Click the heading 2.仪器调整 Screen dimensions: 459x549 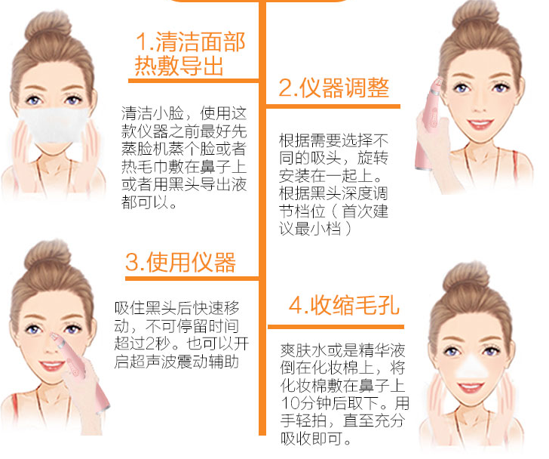(x=333, y=88)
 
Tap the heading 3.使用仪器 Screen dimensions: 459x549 (x=180, y=262)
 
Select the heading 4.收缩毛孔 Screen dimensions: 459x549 (x=344, y=305)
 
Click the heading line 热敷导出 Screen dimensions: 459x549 (x=179, y=66)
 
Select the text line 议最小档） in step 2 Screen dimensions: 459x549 (x=317, y=228)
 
